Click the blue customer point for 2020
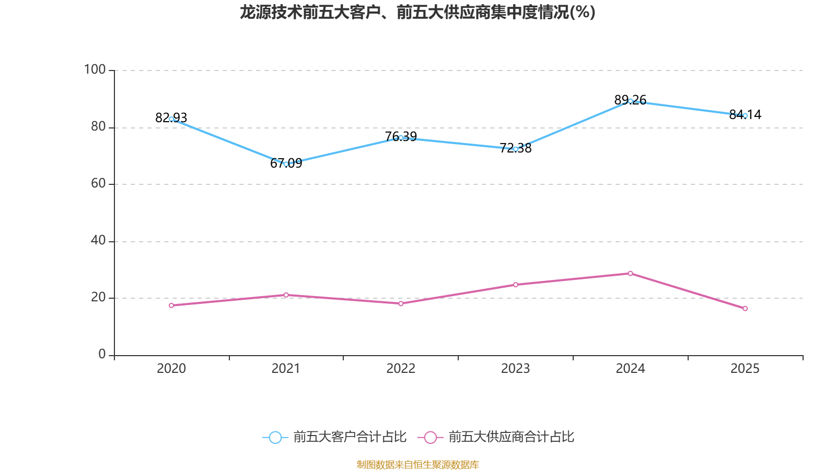(x=171, y=119)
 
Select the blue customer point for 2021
(x=286, y=164)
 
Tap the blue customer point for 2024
(x=630, y=101)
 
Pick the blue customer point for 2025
(x=745, y=115)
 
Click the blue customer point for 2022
(x=401, y=138)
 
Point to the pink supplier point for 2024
(x=630, y=273)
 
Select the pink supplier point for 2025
(x=745, y=309)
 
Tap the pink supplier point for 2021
(x=286, y=295)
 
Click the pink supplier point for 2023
(x=515, y=285)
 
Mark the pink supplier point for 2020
(x=171, y=305)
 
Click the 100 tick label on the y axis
(x=95, y=69)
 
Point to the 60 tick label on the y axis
(x=98, y=184)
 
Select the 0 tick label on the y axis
(x=102, y=355)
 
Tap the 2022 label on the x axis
(x=401, y=369)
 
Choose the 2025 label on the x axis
(x=745, y=369)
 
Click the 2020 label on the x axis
(x=171, y=369)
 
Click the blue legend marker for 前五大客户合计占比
(x=275, y=438)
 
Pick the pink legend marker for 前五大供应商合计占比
(x=430, y=438)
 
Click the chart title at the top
(x=417, y=13)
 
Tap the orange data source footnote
(x=417, y=464)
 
